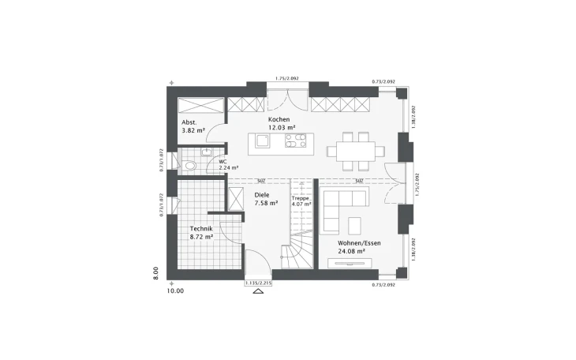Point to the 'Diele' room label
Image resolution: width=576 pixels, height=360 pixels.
coord(261,193)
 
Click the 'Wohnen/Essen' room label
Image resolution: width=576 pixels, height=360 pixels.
coord(359,243)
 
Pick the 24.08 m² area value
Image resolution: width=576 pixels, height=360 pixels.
coord(351,252)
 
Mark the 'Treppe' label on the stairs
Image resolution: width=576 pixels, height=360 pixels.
coord(301,198)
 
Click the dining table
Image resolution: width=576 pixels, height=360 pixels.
coord(356,148)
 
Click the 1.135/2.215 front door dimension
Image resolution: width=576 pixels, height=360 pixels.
coord(258,282)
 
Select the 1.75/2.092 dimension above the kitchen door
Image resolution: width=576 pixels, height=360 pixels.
coord(286,78)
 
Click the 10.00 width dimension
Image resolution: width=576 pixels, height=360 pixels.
coord(174,291)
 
